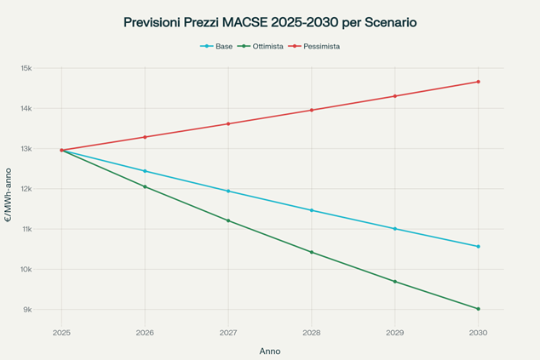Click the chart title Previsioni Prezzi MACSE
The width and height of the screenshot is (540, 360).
(x=269, y=22)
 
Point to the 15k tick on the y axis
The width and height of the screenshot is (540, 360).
(x=26, y=68)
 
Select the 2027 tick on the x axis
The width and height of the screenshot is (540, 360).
(x=228, y=333)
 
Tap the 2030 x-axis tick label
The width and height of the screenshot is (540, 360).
(x=478, y=333)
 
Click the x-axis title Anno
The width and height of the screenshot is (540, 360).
(x=269, y=351)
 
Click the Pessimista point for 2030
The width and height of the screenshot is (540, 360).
(x=479, y=82)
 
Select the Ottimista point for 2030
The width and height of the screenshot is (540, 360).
(x=479, y=309)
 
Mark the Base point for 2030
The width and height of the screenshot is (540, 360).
(x=479, y=247)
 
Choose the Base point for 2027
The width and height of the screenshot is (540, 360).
(x=228, y=191)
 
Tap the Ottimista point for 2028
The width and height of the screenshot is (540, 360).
(x=312, y=252)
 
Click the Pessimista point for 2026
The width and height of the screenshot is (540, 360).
(x=145, y=137)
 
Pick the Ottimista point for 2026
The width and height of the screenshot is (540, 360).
(x=145, y=186)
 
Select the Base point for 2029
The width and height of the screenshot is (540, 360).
(x=395, y=229)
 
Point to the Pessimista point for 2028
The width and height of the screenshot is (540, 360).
(x=312, y=110)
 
